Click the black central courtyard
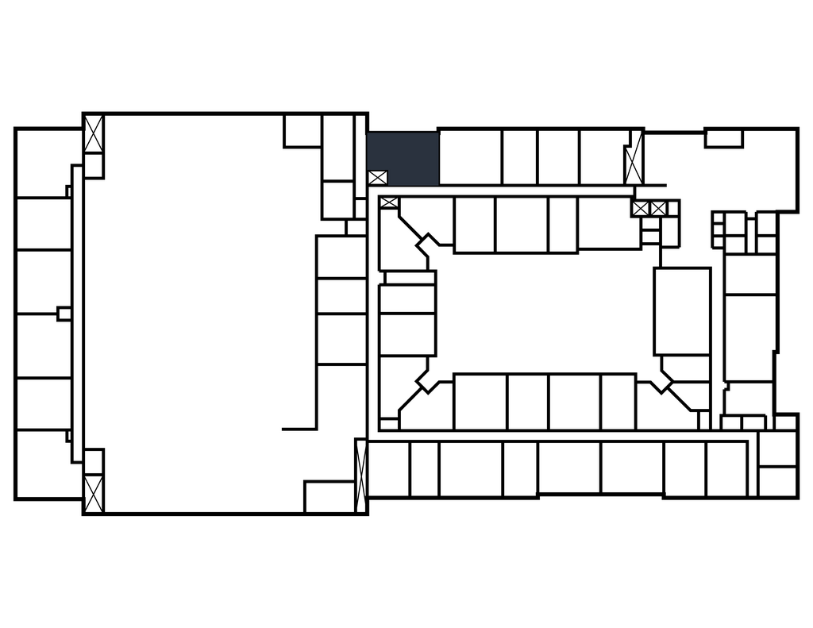tap(545, 312)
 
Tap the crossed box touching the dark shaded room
tap(377, 178)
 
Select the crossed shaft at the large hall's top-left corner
tap(94, 134)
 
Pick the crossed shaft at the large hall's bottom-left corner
tap(94, 492)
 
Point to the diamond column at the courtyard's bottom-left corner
tap(427, 382)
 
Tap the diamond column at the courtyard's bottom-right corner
tap(661, 380)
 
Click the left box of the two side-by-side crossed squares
tap(641, 209)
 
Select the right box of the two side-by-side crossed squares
tap(658, 209)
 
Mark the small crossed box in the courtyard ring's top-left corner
tap(389, 203)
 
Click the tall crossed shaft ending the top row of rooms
tap(633, 159)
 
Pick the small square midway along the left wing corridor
tap(64, 314)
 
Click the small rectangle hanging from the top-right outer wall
tap(723, 139)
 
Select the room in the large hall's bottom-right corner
tap(329, 496)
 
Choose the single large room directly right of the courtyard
tap(682, 311)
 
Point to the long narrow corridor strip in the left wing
tap(77, 314)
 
